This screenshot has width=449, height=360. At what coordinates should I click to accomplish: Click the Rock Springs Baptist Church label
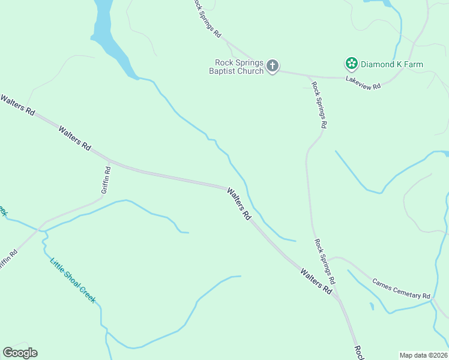(x=240, y=67)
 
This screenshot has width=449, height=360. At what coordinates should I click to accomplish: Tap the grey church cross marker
(x=273, y=65)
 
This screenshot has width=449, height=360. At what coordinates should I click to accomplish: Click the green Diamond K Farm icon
(x=351, y=63)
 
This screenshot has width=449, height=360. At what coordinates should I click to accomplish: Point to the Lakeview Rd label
(x=363, y=83)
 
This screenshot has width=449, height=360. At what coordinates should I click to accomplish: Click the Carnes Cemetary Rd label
(x=401, y=289)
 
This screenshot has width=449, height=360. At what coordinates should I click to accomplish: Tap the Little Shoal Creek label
(x=73, y=280)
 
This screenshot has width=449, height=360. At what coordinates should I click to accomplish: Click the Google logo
(x=20, y=353)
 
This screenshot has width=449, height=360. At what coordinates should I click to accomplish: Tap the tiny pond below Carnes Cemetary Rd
(x=372, y=307)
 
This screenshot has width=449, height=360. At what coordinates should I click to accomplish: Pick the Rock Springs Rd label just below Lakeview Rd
(x=319, y=105)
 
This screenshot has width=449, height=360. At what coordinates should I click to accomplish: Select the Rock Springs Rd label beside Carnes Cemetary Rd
(x=325, y=261)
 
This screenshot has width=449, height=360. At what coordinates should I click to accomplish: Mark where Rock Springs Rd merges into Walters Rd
(x=339, y=298)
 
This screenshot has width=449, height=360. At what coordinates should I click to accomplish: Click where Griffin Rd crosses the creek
(x=40, y=228)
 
